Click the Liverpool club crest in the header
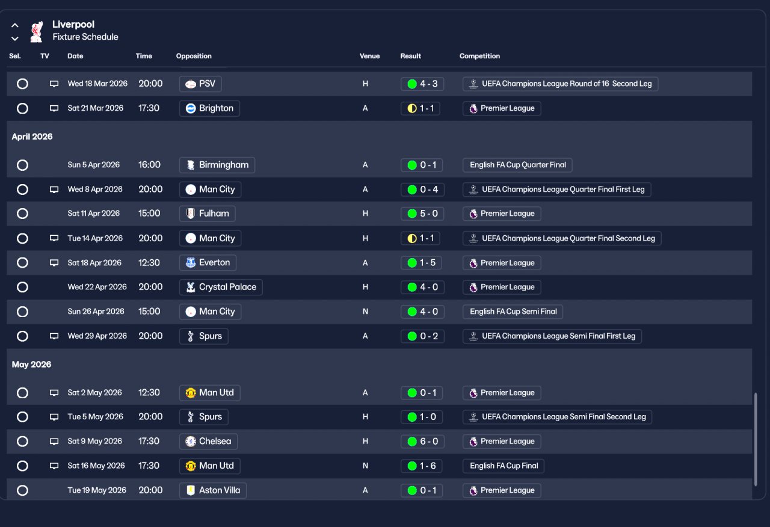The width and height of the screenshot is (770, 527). pos(37,31)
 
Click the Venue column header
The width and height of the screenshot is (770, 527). pos(369,56)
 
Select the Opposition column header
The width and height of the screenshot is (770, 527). pos(194,56)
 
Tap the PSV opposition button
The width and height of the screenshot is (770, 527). pos(200,84)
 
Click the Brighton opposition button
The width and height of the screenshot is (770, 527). pos(209,108)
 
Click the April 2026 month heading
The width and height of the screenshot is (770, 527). pos(32,137)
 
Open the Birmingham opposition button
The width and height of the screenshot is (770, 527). pos(217,165)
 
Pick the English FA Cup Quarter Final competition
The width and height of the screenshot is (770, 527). pos(517,165)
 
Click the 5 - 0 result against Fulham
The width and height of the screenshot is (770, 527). pos(422,214)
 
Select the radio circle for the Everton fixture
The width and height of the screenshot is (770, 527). pos(22,263)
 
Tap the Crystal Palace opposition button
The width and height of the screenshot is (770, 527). pos(221,287)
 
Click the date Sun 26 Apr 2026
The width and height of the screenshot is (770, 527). pos(96,312)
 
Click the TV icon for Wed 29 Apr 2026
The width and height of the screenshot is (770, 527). pos(54,336)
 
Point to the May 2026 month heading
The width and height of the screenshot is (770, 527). pos(31,365)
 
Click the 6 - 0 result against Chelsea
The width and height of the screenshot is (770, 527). pos(422,442)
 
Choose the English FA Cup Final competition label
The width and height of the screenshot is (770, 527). pos(504,466)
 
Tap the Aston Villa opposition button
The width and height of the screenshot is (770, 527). pos(213,490)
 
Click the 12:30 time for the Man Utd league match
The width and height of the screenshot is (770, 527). pos(149,393)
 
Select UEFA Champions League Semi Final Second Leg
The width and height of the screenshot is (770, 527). pos(557,417)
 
